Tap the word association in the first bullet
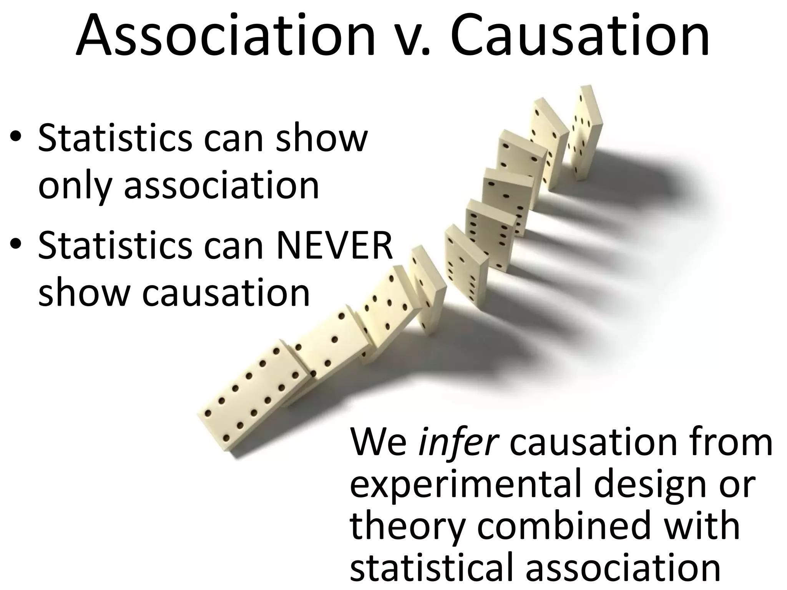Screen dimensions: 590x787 (x=221, y=185)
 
